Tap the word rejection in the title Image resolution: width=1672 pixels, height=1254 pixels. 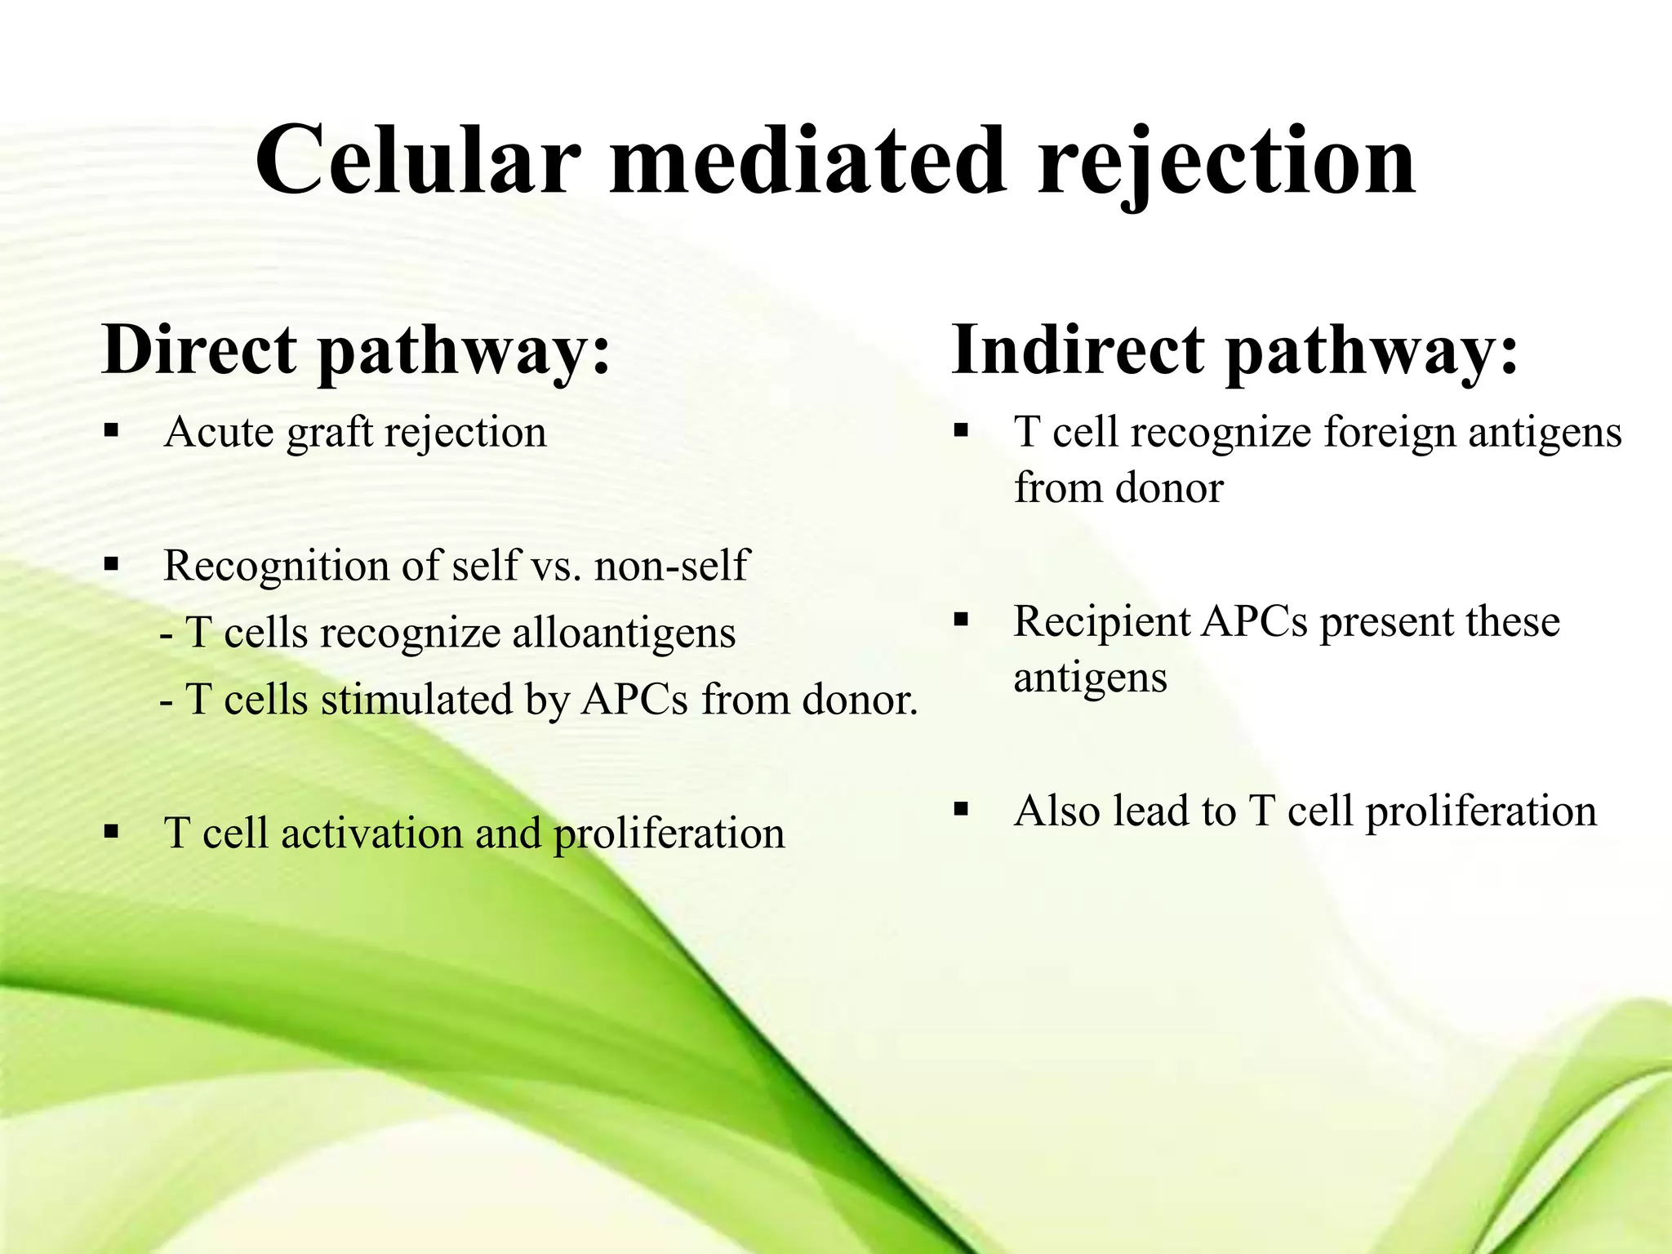coord(1226,161)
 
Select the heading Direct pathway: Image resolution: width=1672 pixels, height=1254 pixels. coord(356,350)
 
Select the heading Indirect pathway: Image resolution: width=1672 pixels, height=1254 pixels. coord(1234,350)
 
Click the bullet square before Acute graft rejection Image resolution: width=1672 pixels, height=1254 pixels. coord(112,429)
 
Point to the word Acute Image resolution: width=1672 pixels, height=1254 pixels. coord(218,432)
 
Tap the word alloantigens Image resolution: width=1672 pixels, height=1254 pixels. coord(624,633)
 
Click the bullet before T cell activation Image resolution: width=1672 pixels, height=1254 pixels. coord(112,833)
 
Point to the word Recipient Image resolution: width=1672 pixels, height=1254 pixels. coord(1101,621)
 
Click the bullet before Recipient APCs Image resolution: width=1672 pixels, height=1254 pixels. coord(961,620)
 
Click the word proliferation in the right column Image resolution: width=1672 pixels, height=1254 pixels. coord(1480,812)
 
